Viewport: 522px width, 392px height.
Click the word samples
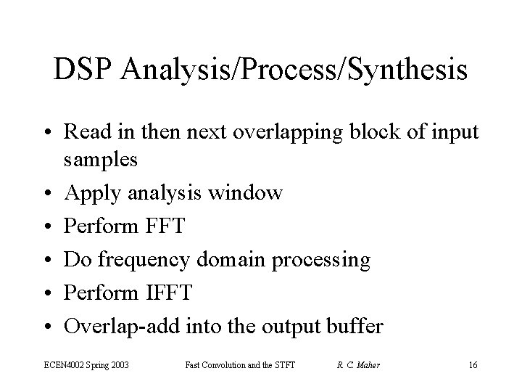tap(101, 160)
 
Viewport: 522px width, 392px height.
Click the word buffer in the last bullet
tap(357, 325)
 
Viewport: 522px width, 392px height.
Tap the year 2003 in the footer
tap(119, 365)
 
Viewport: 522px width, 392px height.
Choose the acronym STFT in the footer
tap(283, 365)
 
